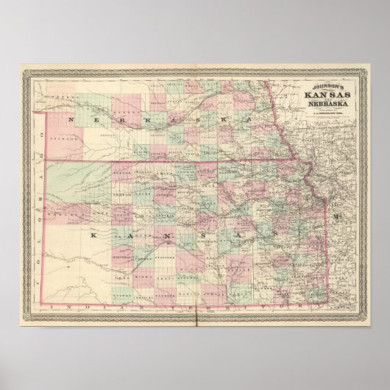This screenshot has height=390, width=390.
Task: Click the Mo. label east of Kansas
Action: coord(336,218)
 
